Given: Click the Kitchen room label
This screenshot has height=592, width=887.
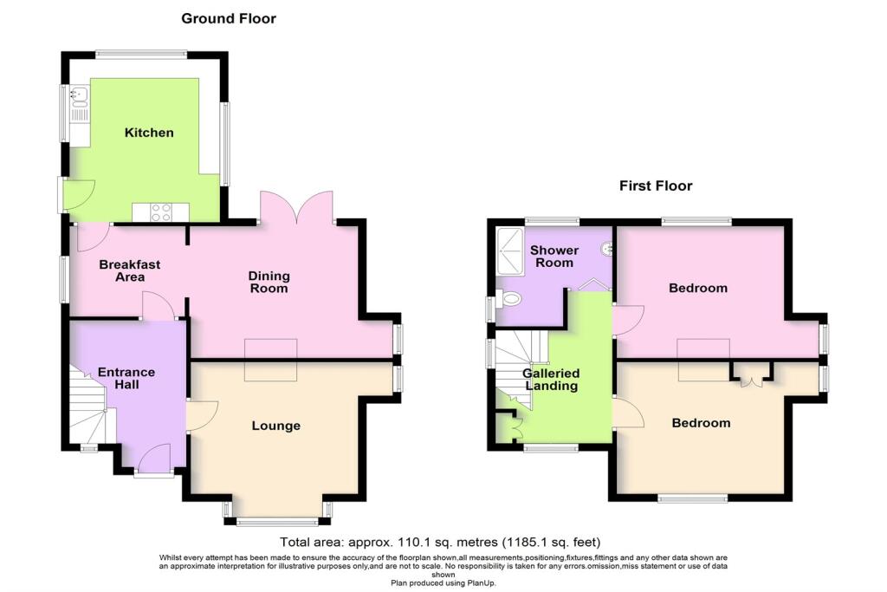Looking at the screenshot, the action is (149, 133).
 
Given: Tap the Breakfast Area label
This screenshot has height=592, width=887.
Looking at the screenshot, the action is (130, 270).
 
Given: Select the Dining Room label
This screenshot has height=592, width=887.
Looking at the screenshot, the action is (269, 282).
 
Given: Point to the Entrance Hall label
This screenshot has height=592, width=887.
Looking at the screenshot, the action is (126, 378).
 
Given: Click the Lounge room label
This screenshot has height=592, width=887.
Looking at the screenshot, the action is (276, 426).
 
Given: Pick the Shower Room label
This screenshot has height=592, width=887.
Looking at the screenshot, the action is (554, 257).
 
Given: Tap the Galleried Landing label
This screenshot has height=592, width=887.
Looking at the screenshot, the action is (551, 380).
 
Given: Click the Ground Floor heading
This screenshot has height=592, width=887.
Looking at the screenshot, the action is (229, 18).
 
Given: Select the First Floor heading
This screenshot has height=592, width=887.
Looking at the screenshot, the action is (656, 185).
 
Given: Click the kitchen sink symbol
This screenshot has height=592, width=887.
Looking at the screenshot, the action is (80, 96).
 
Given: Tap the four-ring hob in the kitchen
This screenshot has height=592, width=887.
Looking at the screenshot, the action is (160, 213).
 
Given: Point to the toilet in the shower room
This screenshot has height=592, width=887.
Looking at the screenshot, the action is (510, 298).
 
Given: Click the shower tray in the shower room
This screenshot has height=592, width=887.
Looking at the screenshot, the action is (510, 251).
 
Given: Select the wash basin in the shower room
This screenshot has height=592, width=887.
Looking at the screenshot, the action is (607, 248).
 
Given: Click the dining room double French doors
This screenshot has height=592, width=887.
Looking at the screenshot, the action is (296, 208).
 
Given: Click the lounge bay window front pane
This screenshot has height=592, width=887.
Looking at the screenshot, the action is (277, 522).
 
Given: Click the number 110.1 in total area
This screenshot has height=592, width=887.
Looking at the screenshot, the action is (416, 543).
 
